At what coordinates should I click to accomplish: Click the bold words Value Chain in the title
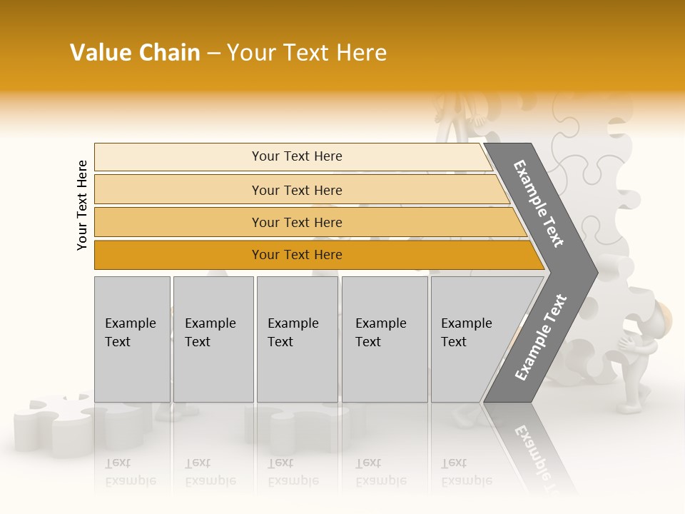[x=135, y=53]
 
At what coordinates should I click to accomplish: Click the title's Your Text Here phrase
[x=307, y=53]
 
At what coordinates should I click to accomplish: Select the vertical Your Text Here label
[x=82, y=205]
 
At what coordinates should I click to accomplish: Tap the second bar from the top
[x=300, y=190]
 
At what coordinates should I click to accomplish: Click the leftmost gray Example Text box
[x=132, y=339]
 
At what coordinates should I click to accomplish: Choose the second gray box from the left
[x=213, y=339]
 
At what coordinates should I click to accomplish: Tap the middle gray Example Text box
[x=297, y=339]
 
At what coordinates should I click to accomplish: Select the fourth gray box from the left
[x=384, y=339]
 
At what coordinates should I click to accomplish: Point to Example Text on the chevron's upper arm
[x=539, y=203]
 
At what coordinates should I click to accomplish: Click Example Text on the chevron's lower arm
[x=541, y=337]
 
